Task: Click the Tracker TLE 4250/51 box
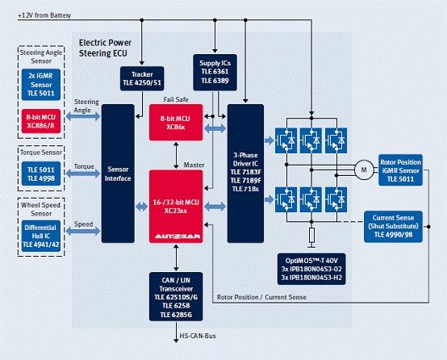pos(142,78)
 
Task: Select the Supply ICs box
pos(215,73)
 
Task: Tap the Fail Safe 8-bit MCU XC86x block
pos(176,123)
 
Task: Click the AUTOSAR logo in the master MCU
pos(178,237)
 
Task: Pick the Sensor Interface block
pos(118,174)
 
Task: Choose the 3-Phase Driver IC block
pos(245,174)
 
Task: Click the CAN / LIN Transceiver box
pos(176,297)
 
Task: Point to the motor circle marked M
pos(364,170)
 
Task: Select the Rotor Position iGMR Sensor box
pos(400,170)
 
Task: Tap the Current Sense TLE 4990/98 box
pos(393,227)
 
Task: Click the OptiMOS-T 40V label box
pos(311,269)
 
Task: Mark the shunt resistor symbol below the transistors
pos(311,235)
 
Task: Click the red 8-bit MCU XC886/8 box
pos(41,121)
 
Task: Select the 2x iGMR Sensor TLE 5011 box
pos(41,85)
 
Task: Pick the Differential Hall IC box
pos(41,236)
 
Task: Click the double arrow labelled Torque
pos(83,174)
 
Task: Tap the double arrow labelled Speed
pos(83,231)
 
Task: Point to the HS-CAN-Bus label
pos(197,336)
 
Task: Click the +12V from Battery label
pos(44,15)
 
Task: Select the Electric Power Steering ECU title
pos(105,48)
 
